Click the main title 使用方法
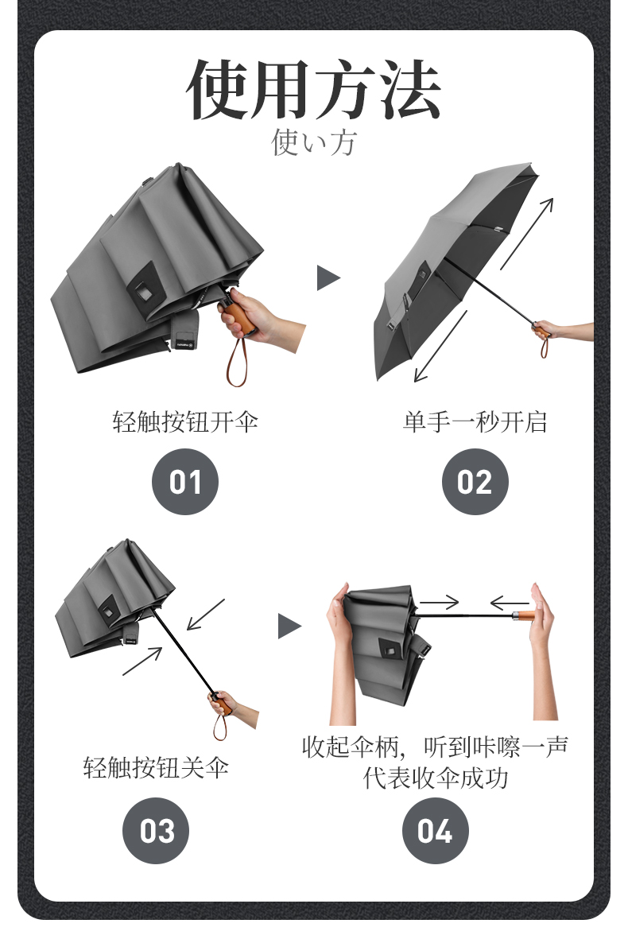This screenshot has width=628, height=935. click(314, 89)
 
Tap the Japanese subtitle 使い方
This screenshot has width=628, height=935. click(314, 143)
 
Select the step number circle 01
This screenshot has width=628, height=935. click(185, 481)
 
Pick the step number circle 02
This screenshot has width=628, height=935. click(475, 481)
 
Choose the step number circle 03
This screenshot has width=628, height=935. click(156, 830)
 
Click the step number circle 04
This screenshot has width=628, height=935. click(435, 830)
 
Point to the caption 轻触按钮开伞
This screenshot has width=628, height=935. click(185, 421)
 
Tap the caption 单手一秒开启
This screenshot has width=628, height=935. click(475, 421)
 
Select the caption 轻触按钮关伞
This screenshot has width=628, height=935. click(156, 767)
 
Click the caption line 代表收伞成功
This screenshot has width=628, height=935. click(436, 778)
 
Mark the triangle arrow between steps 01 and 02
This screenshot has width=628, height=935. click(328, 278)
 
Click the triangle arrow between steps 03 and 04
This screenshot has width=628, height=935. click(289, 627)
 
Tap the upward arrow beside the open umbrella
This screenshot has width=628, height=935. click(527, 233)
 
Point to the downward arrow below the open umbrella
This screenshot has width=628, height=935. click(440, 347)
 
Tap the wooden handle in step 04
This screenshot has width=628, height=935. click(524, 616)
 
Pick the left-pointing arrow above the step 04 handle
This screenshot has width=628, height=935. click(510, 603)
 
